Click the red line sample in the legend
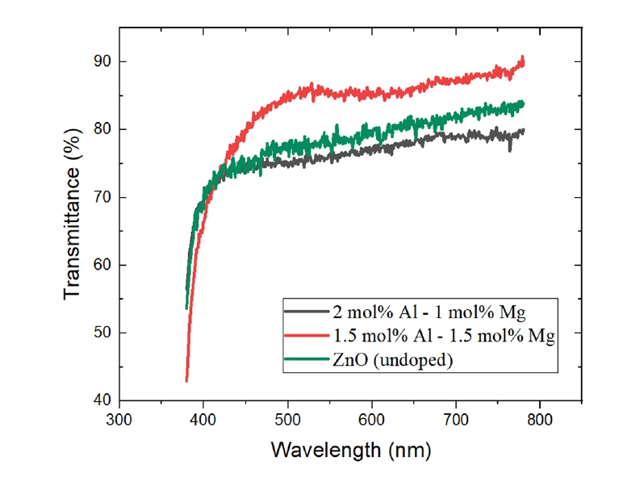coord(307,336)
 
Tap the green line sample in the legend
coord(307,361)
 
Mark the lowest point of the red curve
coord(186,380)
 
